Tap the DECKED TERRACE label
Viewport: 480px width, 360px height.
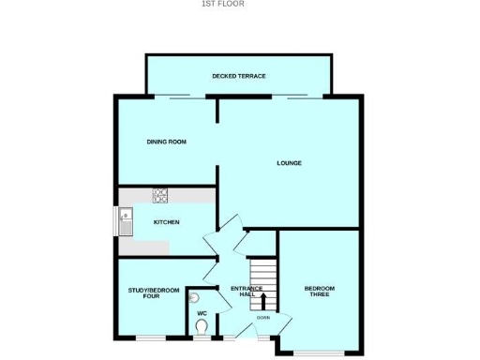[x=238, y=75]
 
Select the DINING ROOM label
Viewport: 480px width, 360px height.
[x=166, y=142]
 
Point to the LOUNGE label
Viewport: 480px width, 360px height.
[x=288, y=163]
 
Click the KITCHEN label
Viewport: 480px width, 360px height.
[x=166, y=221]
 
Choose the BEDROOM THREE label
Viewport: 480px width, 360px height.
[x=320, y=291]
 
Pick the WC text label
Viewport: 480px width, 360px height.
[x=201, y=312]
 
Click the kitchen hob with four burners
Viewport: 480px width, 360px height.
[x=160, y=196]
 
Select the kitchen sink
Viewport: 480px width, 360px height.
[x=126, y=222]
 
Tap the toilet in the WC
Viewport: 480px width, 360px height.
[x=202, y=327]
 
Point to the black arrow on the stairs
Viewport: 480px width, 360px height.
[x=262, y=301]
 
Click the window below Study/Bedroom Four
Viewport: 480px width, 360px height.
[x=150, y=336]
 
